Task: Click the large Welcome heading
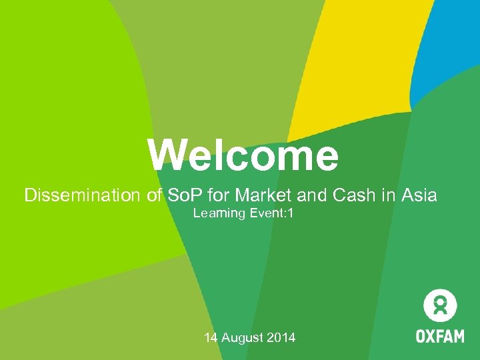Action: [x=243, y=155]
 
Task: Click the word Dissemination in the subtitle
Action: [x=81, y=195]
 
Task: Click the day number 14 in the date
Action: [x=211, y=338]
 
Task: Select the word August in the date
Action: [x=242, y=338]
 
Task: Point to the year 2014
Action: [x=281, y=338]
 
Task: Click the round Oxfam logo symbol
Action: [x=440, y=307]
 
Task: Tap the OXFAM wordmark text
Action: [x=440, y=335]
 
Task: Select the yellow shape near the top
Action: [x=347, y=60]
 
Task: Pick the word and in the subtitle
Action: [x=300, y=195]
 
